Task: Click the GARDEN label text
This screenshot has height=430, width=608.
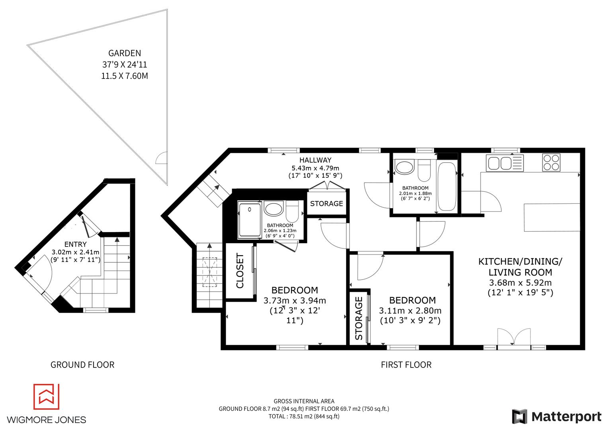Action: pyautogui.click(x=124, y=53)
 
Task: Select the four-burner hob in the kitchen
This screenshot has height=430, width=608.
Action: pyautogui.click(x=551, y=162)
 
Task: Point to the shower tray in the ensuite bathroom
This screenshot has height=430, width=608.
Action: pyautogui.click(x=249, y=220)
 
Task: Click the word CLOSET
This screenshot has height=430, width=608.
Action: pyautogui.click(x=240, y=271)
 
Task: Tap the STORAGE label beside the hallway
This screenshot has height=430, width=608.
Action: pyautogui.click(x=326, y=203)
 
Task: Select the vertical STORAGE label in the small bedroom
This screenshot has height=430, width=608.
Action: pyautogui.click(x=359, y=319)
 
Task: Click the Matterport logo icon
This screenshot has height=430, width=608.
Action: pyautogui.click(x=520, y=416)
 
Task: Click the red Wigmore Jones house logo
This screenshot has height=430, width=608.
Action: pyautogui.click(x=46, y=397)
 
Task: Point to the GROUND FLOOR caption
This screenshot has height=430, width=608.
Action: pyautogui.click(x=82, y=365)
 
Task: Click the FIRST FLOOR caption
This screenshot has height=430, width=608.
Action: pyautogui.click(x=406, y=365)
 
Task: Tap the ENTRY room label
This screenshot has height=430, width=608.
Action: pyautogui.click(x=75, y=244)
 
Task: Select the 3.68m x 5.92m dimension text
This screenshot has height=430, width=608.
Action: pyautogui.click(x=520, y=283)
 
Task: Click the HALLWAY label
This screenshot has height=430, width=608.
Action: pyautogui.click(x=315, y=160)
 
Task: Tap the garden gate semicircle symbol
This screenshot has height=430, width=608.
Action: pyautogui.click(x=161, y=159)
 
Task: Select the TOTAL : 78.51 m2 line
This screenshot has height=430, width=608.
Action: pyautogui.click(x=304, y=416)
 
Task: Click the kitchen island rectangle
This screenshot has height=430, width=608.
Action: pyautogui.click(x=551, y=217)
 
